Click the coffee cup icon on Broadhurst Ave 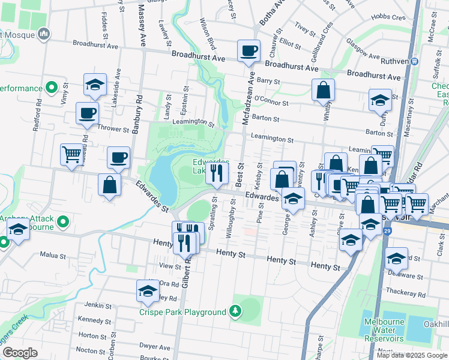(x=248, y=51)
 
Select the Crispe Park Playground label (x=182, y=312)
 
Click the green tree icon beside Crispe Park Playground (x=236, y=311)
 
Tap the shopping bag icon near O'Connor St (x=323, y=91)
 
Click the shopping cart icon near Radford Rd (x=71, y=154)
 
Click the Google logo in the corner (x=20, y=353)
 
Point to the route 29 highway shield (x=387, y=230)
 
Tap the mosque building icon (x=43, y=35)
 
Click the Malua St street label (x=52, y=255)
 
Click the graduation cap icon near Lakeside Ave (x=95, y=85)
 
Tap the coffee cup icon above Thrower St (x=87, y=113)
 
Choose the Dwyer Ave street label (x=154, y=346)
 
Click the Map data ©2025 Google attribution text (x=412, y=355)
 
